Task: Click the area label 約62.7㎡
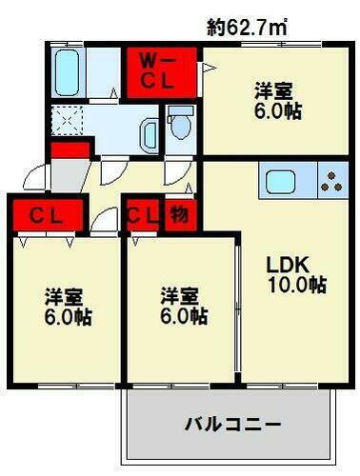(x=249, y=29)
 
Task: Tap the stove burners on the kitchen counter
(x=332, y=181)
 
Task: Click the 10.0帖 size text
(x=297, y=285)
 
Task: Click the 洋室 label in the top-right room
(x=272, y=92)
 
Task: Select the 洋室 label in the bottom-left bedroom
(x=64, y=297)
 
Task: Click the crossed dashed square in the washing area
(x=68, y=121)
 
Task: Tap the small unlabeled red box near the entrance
(x=70, y=149)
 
